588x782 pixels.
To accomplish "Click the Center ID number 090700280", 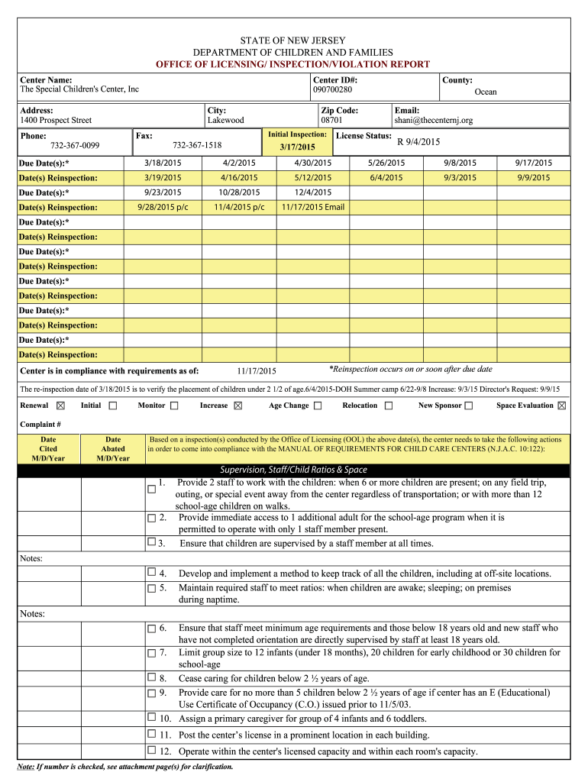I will [x=332, y=90].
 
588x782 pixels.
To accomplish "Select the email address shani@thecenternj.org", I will [x=433, y=121].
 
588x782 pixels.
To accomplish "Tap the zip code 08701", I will [x=331, y=121].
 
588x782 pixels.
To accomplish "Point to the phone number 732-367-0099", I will [x=75, y=145].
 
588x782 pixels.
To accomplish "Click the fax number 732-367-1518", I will [x=197, y=145].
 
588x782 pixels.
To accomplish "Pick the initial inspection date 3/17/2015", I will [x=297, y=147].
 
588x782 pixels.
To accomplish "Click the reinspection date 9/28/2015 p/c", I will [x=163, y=207].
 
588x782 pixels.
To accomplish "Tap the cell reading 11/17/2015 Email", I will [x=313, y=207].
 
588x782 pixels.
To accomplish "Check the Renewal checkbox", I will [x=61, y=406].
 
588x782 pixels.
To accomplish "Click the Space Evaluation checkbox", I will [x=562, y=406].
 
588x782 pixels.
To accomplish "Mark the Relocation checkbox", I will [x=389, y=406].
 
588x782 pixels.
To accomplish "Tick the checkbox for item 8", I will [x=151, y=677].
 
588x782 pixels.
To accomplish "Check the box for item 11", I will [x=151, y=734].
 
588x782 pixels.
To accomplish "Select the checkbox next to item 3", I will [x=151, y=542].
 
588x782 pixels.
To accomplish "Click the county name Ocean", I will [x=486, y=92].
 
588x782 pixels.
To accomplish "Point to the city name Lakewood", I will [x=226, y=121].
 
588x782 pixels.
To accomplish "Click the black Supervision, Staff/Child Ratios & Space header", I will [x=293, y=470].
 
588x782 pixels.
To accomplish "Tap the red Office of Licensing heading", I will [x=293, y=65].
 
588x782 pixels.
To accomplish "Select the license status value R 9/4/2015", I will [x=418, y=141].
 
